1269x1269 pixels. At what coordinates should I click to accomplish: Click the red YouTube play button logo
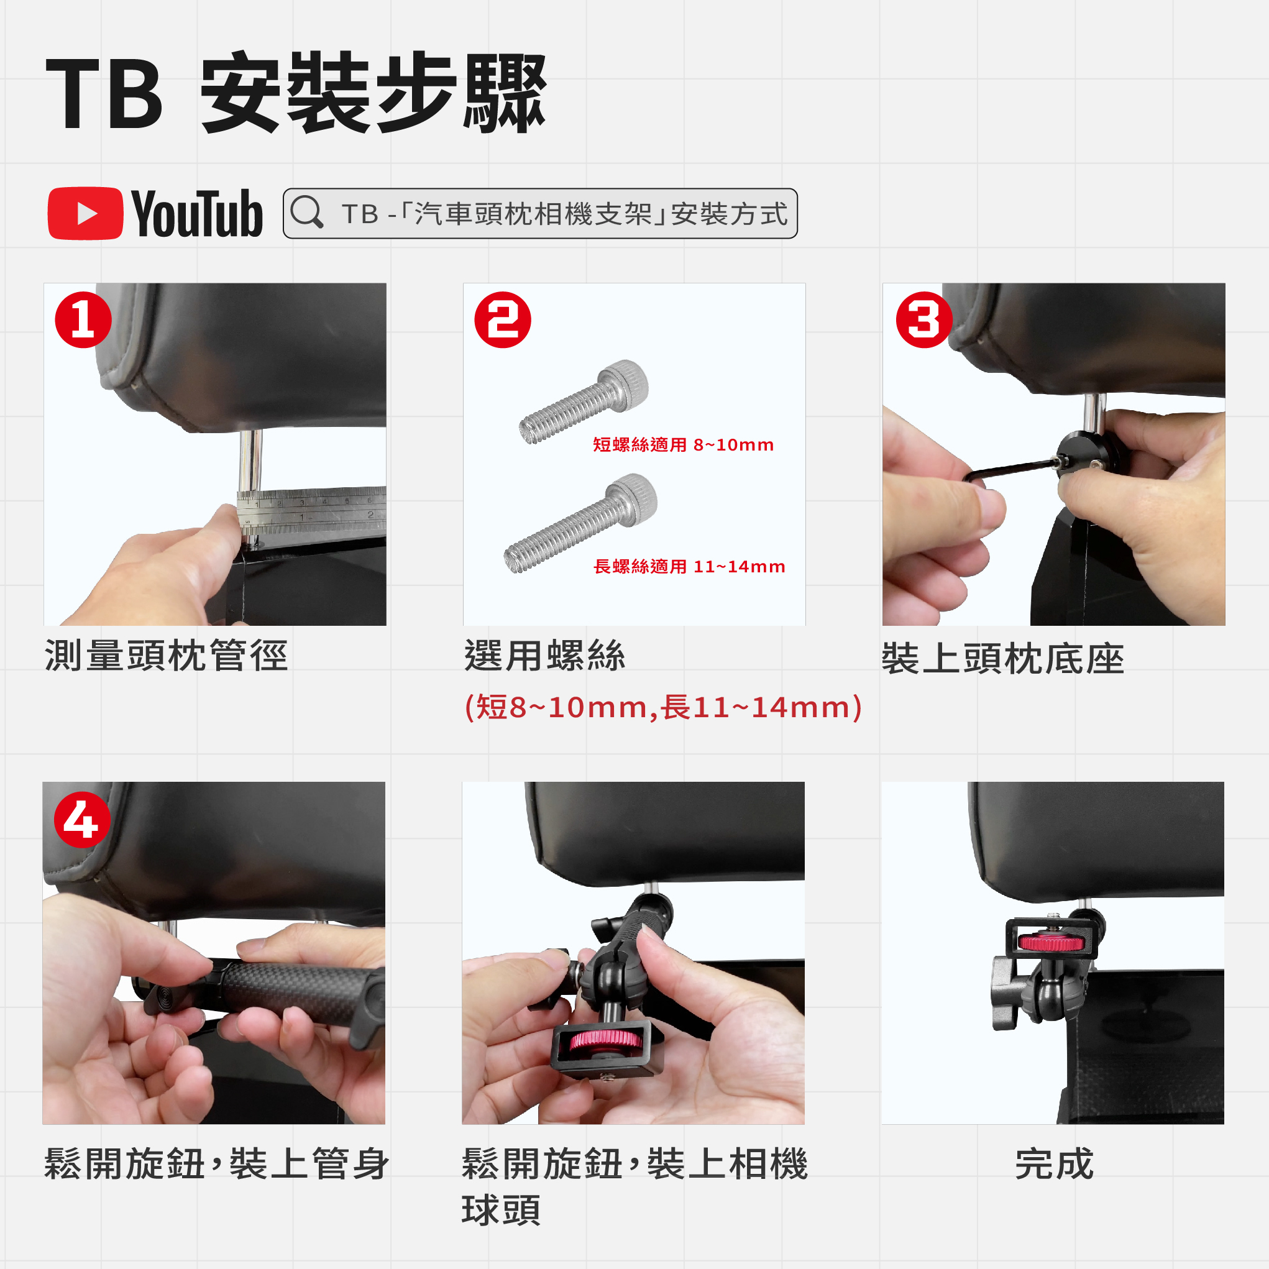[x=85, y=214]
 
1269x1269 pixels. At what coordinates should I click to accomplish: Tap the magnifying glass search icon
[x=307, y=212]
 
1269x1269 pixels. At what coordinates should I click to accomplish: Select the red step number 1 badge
[x=83, y=320]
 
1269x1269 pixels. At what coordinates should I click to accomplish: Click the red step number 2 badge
[x=503, y=320]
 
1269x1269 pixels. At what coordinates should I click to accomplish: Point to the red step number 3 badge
[x=923, y=320]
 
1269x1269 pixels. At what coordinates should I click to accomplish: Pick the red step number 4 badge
[x=82, y=820]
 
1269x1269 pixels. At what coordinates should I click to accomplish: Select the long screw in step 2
[x=580, y=523]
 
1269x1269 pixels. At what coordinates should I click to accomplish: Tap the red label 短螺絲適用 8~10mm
[x=683, y=445]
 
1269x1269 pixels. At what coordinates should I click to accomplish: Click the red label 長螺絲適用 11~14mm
[x=689, y=566]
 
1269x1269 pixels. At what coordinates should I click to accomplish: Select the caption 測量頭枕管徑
[x=166, y=656]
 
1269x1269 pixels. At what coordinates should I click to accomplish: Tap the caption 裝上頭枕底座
[x=1003, y=659]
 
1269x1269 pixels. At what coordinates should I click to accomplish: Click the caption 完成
[x=1054, y=1164]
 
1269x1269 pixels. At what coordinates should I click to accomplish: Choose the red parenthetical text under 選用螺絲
[x=662, y=707]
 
